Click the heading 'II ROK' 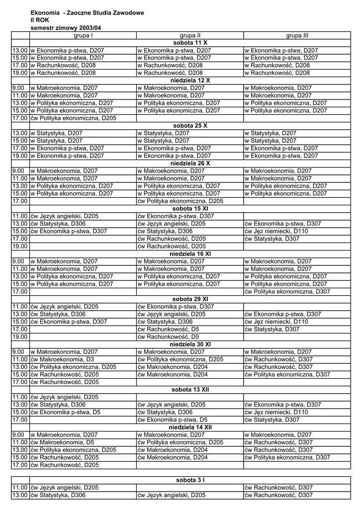coord(40,20)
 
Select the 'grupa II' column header coord(190,36)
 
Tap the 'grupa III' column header coord(297,36)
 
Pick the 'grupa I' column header coord(83,36)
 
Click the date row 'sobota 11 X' coord(190,43)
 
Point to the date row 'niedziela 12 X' coord(190,80)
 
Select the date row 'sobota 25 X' coord(190,125)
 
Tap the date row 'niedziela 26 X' coord(190,163)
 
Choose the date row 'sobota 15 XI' coord(190,209)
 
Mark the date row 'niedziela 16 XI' coord(190,254)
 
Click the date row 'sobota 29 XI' coord(190,299)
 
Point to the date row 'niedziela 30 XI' coord(190,344)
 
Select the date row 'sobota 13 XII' coord(190,389)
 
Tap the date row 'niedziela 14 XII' coord(190,427)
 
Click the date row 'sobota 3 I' coord(190,480)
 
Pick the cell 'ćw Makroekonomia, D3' coord(62,359)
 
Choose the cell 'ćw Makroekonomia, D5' coord(62,442)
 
